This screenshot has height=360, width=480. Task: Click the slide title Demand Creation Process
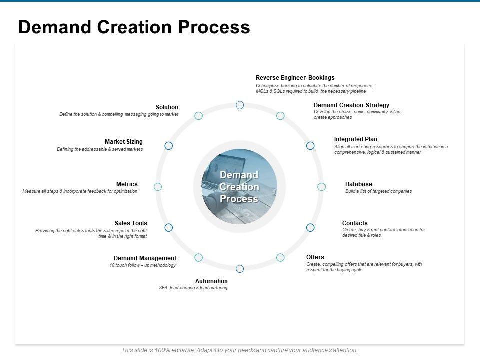(134, 27)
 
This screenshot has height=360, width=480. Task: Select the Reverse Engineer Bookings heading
(295, 78)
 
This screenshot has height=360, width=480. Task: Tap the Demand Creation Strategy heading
(351, 105)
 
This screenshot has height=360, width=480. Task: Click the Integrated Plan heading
(355, 139)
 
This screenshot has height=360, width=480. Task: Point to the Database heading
(358, 184)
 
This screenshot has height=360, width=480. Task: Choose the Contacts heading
(355, 223)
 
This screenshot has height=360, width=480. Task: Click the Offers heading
(315, 257)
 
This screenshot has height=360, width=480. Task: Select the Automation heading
(211, 281)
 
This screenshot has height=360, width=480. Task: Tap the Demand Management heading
(145, 258)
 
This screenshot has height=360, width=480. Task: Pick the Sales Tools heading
(131, 223)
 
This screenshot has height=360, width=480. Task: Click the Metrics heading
(127, 184)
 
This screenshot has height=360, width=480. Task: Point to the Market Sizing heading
(124, 142)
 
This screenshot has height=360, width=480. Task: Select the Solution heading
(167, 107)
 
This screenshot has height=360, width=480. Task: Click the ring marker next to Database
(322, 187)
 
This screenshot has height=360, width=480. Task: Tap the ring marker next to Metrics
(158, 187)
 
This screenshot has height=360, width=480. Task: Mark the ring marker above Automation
(240, 269)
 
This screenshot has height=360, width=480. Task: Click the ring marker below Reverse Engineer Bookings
(240, 105)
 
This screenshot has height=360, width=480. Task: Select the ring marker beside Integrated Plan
(310, 146)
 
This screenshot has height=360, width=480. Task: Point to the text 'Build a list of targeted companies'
(378, 191)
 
